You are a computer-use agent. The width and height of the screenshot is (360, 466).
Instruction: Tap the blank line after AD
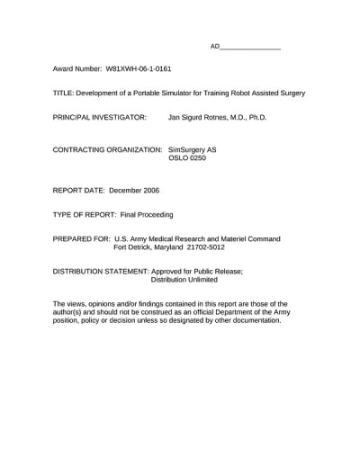click(250, 46)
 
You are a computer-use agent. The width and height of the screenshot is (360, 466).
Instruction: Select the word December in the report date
click(133, 191)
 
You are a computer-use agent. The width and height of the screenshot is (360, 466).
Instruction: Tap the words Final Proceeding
click(147, 215)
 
